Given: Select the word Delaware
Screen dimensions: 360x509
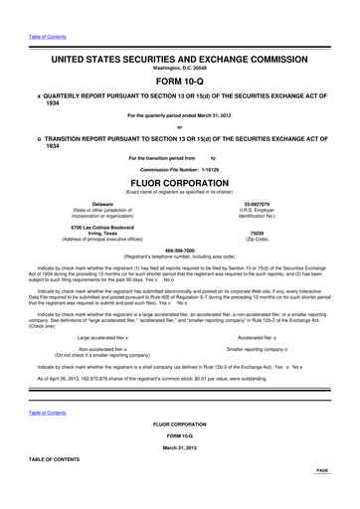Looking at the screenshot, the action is coord(94,204).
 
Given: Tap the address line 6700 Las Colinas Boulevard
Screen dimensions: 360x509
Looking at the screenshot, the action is coord(94,229).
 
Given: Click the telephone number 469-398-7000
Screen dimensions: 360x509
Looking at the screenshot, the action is coord(180,251).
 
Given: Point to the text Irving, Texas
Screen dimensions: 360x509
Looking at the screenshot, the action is coord(94,235).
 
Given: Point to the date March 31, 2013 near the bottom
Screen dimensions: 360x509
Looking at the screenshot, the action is coord(180,449).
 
